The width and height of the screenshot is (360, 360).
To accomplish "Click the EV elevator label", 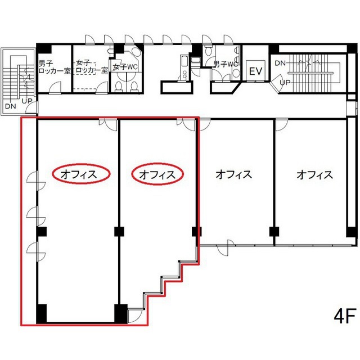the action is click(256, 71).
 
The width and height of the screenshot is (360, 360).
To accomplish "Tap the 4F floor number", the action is click(345, 316).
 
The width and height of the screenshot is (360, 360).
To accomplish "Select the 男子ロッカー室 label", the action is click(55, 66).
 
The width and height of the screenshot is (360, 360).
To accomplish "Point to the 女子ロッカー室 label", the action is click(92, 66).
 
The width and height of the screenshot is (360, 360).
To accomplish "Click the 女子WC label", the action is click(125, 67).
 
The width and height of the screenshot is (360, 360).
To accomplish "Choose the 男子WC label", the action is click(225, 64).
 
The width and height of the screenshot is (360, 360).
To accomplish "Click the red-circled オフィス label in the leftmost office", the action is click(79, 174).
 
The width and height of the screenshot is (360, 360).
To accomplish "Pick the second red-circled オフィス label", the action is click(157, 174).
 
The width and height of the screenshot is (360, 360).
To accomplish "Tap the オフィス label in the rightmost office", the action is click(314, 174).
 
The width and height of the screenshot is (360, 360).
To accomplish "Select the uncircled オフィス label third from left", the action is click(234, 174).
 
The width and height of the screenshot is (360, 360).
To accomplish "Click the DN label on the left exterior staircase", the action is click(11, 106).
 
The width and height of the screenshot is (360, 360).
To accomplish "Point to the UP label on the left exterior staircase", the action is click(27, 101).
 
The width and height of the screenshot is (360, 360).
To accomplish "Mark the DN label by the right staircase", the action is click(280, 62).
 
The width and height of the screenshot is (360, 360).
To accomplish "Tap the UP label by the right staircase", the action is click(285, 82).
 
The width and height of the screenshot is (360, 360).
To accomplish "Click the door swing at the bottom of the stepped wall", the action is click(134, 316).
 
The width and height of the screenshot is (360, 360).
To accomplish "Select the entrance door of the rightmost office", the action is click(281, 124).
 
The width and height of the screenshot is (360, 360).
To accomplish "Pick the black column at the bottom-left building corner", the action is click(42, 314).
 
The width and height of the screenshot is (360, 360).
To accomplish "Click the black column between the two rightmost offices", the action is click(274, 232).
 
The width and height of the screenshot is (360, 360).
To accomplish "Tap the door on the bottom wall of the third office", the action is click(226, 247).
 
